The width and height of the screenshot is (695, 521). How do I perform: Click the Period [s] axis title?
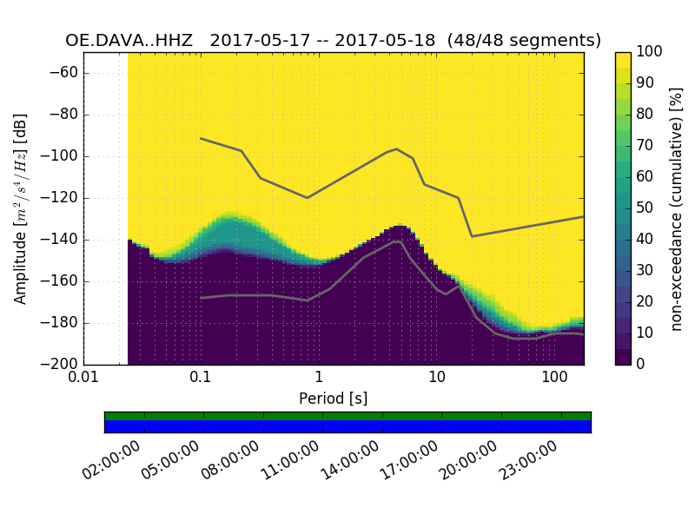coord(334,399)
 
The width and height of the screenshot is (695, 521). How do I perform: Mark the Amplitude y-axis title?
coord(21,208)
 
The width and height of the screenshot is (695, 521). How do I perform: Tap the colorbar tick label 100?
coord(650,52)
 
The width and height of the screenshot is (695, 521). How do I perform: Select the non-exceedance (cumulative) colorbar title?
coord(677,208)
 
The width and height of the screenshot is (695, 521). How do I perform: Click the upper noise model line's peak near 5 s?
coord(396,148)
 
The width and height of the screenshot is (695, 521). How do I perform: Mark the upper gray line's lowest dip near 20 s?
coord(472,236)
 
